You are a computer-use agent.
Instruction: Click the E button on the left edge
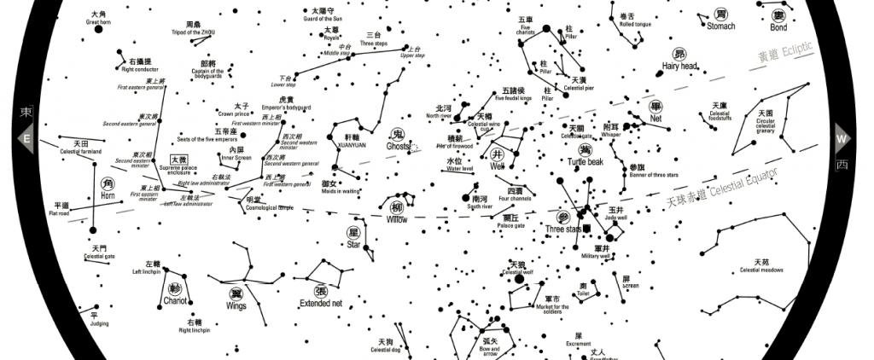tap(26, 139)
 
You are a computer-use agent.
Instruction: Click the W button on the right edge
tap(842, 139)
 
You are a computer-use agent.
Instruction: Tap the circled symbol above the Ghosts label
tap(397, 134)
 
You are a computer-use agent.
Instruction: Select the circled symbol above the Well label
tap(498, 154)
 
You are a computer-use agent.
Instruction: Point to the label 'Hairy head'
tap(679, 66)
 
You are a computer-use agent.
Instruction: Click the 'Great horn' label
tap(98, 22)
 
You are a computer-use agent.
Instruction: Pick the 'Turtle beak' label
tap(585, 162)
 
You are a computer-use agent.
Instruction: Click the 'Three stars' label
tap(562, 229)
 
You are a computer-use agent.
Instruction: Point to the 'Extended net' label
tap(321, 303)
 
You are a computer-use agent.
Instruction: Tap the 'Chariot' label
tap(175, 301)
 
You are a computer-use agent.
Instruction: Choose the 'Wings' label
tap(236, 305)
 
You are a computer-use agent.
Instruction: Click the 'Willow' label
tap(397, 220)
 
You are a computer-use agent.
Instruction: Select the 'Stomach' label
tap(720, 26)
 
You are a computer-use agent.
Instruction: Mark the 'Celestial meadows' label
tap(761, 270)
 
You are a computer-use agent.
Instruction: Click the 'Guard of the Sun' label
tap(323, 19)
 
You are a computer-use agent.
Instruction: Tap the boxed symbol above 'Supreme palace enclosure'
tap(178, 160)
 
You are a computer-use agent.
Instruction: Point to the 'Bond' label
tap(778, 27)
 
